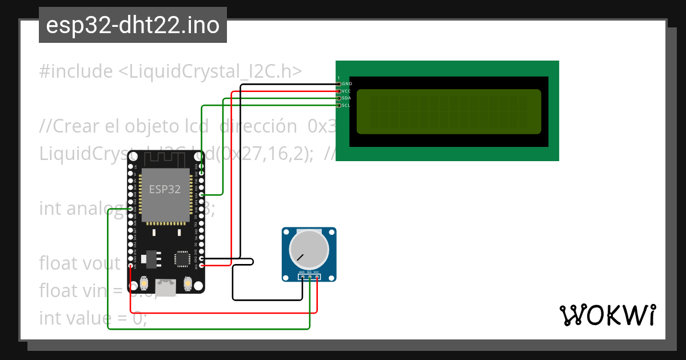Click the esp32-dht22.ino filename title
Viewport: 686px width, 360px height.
click(133, 26)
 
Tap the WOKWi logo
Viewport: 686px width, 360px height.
click(607, 315)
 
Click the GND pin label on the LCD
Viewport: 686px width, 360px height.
click(346, 84)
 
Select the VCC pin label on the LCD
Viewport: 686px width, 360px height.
click(346, 91)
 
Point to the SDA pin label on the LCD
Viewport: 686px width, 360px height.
click(346, 98)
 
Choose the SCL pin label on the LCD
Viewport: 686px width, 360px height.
click(346, 105)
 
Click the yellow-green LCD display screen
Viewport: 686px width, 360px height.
click(449, 111)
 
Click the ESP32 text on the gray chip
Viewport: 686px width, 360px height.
click(165, 190)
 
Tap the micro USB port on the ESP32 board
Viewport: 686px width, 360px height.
click(166, 287)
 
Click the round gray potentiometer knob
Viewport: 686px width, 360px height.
click(309, 250)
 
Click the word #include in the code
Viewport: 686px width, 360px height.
click(76, 71)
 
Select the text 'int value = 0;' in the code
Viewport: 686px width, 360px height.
click(93, 318)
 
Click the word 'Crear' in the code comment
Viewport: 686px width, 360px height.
click(76, 126)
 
